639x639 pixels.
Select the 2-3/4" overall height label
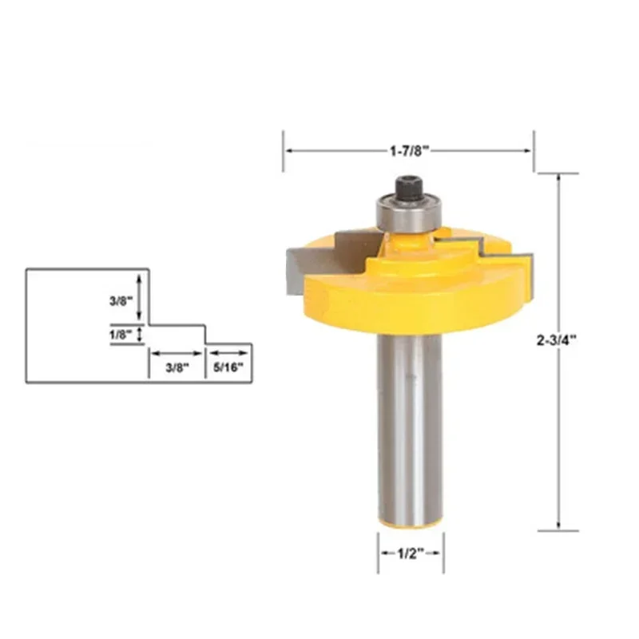point(557,339)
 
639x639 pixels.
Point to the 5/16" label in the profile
point(231,367)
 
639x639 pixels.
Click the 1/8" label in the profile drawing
point(120,335)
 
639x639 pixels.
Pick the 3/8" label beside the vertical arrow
point(120,303)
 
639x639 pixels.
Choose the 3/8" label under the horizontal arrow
point(176,367)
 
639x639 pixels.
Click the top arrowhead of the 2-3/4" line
point(557,177)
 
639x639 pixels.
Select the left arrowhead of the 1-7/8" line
point(289,150)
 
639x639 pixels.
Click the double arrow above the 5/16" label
point(231,353)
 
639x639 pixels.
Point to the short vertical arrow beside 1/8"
point(141,335)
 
